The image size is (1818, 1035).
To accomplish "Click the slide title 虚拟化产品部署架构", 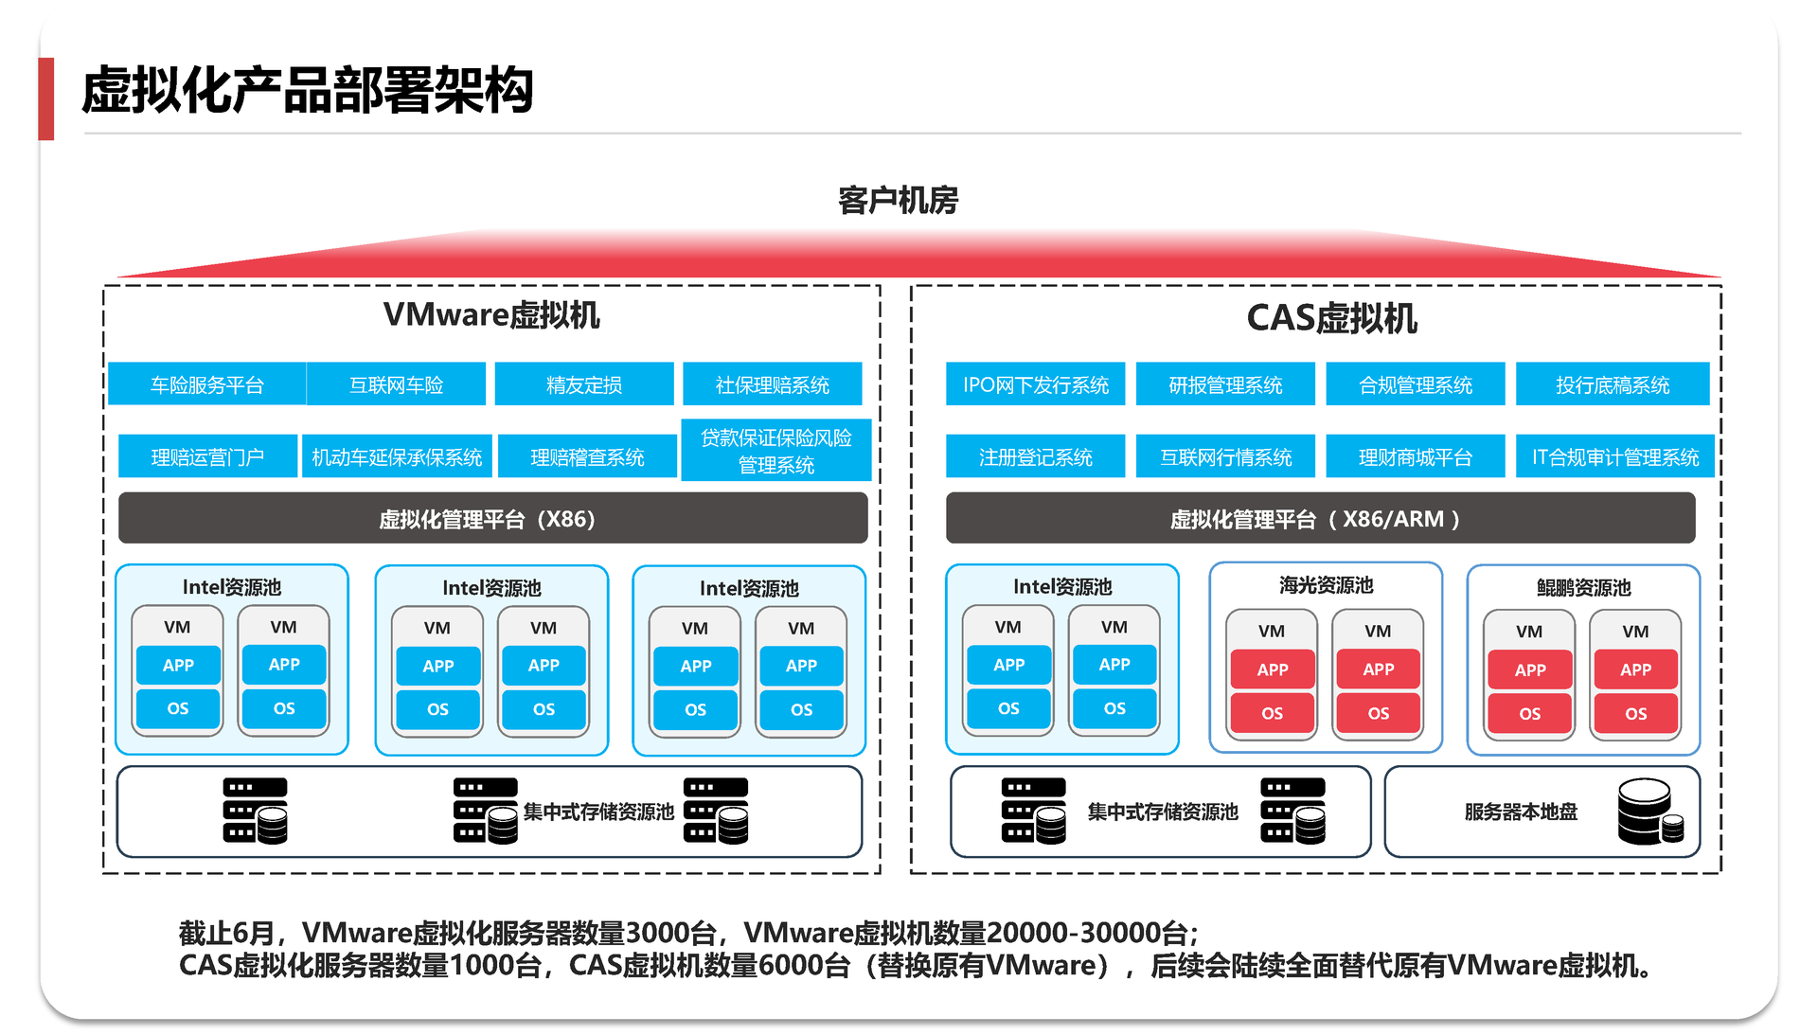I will (x=308, y=91).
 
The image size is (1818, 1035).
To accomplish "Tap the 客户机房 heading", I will (x=898, y=201).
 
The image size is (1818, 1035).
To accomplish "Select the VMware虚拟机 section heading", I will (x=491, y=315).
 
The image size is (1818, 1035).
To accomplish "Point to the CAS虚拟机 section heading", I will (x=1331, y=318).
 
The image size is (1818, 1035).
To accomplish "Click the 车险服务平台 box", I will (x=206, y=384).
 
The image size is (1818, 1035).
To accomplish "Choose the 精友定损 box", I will (x=583, y=384).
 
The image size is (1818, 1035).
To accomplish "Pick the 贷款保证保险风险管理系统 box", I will (x=775, y=451).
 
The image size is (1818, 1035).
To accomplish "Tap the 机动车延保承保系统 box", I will (x=397, y=457).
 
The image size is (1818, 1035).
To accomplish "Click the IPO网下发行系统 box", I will (x=1035, y=384).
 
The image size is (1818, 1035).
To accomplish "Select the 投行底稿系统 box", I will (x=1612, y=384).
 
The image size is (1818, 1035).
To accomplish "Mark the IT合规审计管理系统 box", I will (x=1614, y=457).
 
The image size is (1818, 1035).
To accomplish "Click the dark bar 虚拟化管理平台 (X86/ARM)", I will (x=1320, y=519).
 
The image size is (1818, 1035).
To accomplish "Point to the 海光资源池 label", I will (x=1326, y=585).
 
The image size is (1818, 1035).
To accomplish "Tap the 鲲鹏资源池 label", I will (x=1583, y=588).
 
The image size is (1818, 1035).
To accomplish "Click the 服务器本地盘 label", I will (x=1521, y=812).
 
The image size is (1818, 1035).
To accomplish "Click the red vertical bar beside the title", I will (x=46, y=98).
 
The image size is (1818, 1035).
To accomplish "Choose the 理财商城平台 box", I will (x=1415, y=457).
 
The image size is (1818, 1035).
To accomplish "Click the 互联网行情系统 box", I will (x=1225, y=457).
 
